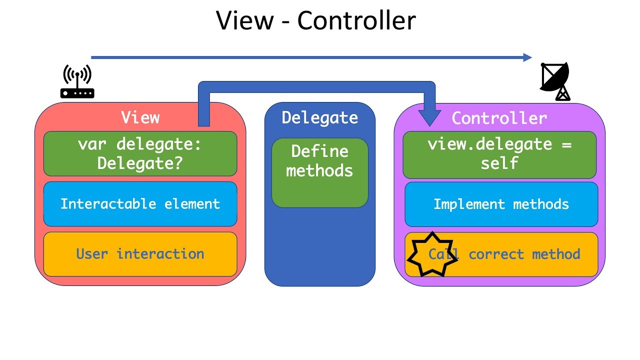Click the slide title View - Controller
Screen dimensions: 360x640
pos(315,21)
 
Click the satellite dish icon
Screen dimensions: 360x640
pos(555,81)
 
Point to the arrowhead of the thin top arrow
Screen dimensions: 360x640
pos(527,57)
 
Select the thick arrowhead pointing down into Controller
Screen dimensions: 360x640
pos(429,118)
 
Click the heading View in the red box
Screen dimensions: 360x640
pos(140,117)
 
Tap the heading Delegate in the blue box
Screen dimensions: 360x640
pos(319,117)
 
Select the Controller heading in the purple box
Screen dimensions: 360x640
pos(499,118)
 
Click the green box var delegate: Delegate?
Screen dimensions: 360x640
pos(140,153)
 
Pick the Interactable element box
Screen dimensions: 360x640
pos(140,204)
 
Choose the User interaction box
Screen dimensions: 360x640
pos(140,254)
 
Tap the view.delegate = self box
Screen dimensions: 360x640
pos(499,154)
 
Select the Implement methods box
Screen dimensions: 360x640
pos(501,204)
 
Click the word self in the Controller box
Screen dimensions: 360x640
pos(499,163)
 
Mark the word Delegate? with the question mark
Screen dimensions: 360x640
pos(140,163)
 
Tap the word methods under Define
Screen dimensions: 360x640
pos(319,170)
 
